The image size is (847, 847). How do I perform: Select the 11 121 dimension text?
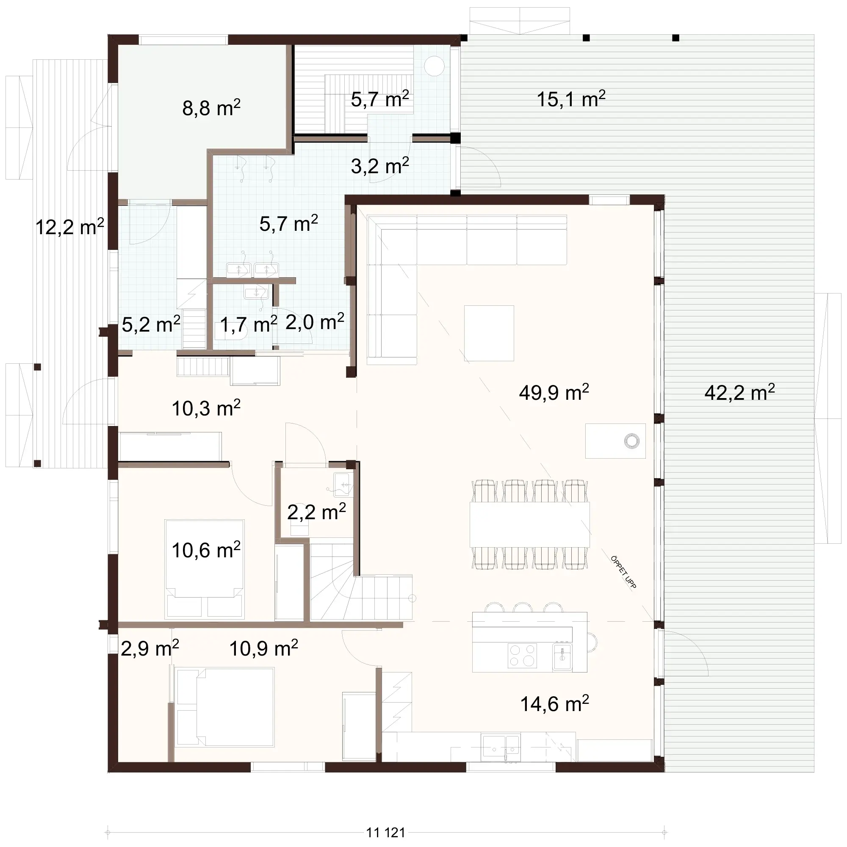click(x=385, y=832)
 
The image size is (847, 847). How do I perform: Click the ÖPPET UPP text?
click(x=623, y=572)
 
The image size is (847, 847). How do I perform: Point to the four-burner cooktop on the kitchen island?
click(x=522, y=656)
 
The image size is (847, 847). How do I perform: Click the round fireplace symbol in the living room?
click(x=631, y=440)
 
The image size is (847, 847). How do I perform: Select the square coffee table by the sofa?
click(x=489, y=333)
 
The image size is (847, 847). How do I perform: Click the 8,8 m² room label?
click(x=211, y=108)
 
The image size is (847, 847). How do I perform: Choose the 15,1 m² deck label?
click(x=571, y=100)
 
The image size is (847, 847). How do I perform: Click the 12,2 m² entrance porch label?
click(x=69, y=227)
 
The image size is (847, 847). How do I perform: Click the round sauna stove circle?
click(x=434, y=66)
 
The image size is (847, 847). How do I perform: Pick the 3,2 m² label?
click(x=379, y=166)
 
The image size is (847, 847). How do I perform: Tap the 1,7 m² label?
click(x=248, y=325)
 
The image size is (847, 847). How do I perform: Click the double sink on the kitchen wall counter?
click(x=501, y=745)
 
